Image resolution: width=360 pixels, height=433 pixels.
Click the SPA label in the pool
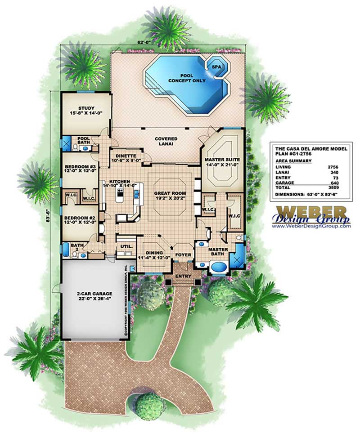(211, 66)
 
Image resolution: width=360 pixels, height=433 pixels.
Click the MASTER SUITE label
(222, 160)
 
